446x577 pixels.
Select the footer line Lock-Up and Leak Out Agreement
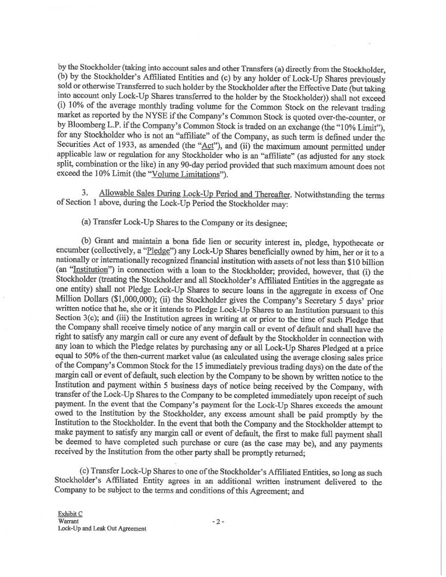click(x=102, y=529)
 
